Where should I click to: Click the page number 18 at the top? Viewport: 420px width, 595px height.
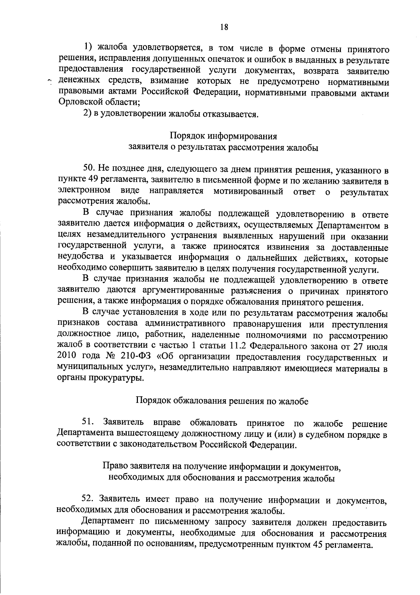(x=224, y=27)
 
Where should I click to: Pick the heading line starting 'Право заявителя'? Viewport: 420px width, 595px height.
(x=222, y=467)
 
